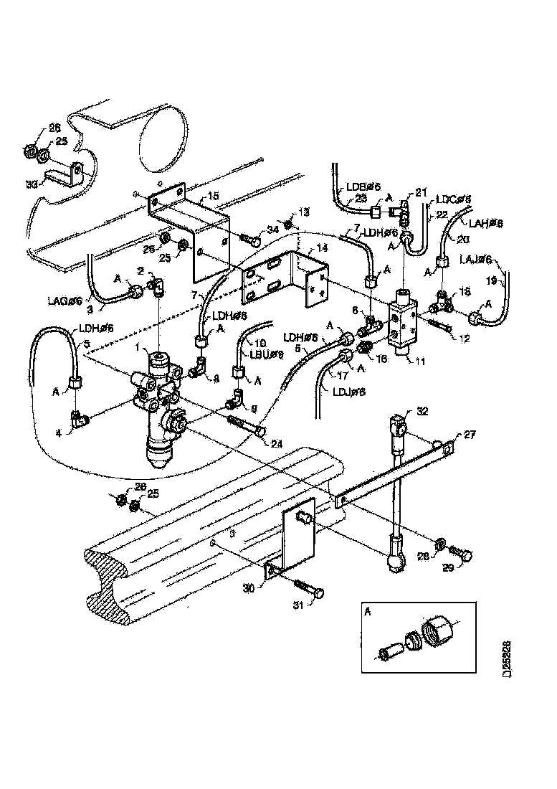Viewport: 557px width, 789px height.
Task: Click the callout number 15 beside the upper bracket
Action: (x=213, y=195)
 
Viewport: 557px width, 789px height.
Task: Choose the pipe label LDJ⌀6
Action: (x=348, y=392)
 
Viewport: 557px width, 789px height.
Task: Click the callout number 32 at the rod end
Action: (x=422, y=411)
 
